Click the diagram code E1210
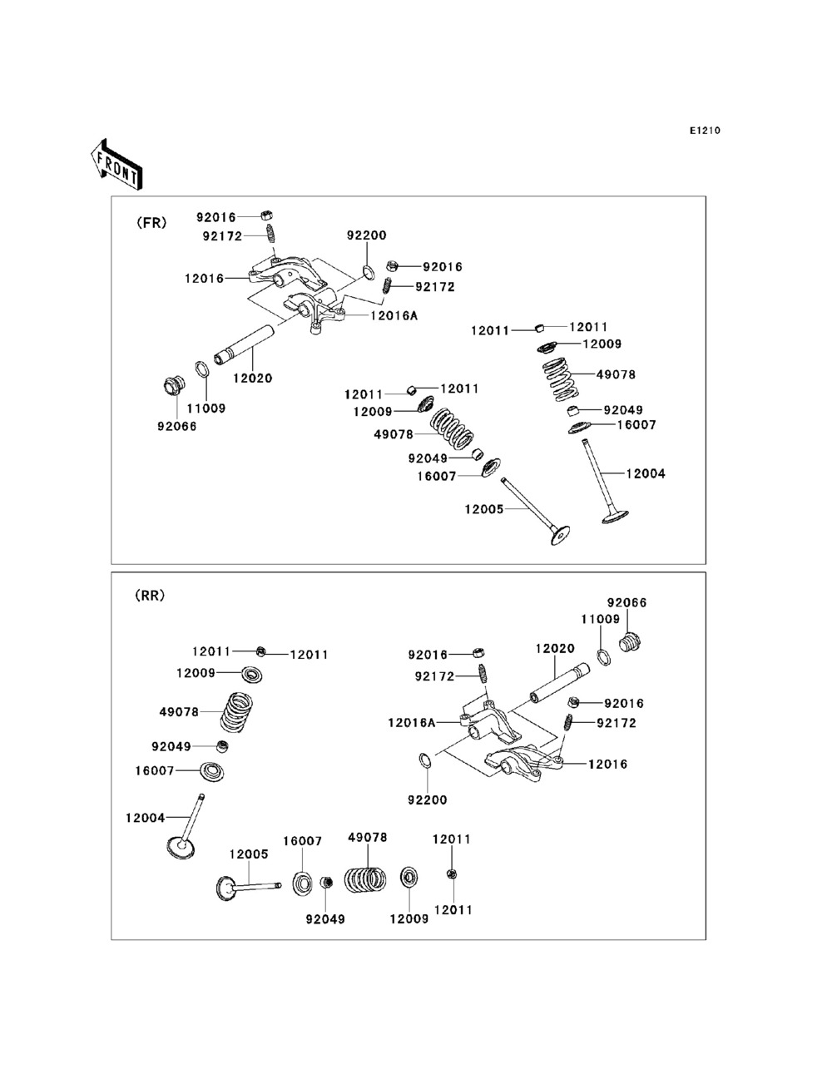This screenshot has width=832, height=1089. [705, 131]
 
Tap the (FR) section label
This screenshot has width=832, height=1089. [151, 223]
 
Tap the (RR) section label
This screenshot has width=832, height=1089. [150, 595]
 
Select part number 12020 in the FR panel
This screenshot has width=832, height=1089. [253, 378]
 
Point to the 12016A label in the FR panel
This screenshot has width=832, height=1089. [394, 315]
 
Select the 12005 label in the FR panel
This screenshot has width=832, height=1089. [484, 509]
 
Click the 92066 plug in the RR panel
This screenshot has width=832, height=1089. [630, 643]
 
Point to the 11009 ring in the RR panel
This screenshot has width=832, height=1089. [604, 657]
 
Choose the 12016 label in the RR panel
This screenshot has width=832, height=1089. [607, 764]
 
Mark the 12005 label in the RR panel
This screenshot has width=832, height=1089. [249, 854]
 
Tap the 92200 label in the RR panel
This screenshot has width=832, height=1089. [427, 799]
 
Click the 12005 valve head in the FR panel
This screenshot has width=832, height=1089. [560, 535]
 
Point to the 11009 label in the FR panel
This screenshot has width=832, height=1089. [206, 408]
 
